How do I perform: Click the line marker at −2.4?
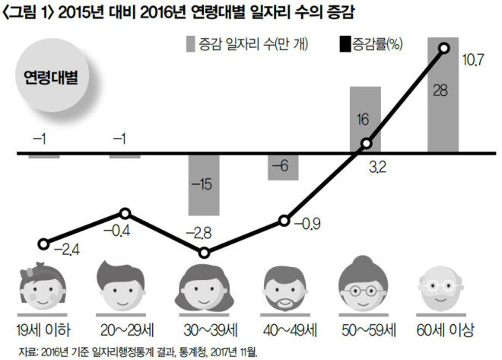pos(44,244)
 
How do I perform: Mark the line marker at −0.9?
pos(284,221)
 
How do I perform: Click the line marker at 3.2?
pos(365,144)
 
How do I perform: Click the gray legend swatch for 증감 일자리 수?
pos(192,45)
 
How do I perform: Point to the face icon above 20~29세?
pos(124,285)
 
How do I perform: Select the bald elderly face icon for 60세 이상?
pos(444,286)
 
